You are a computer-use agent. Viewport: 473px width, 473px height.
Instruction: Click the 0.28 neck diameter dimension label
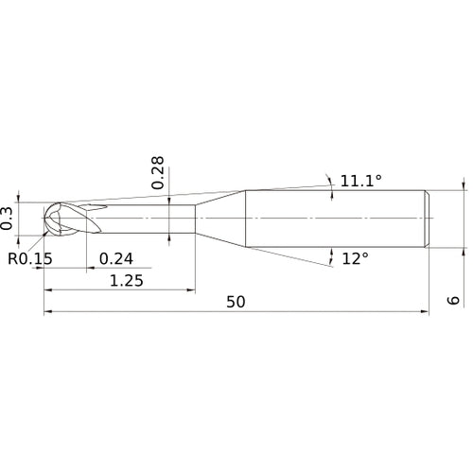pyautogui.click(x=158, y=172)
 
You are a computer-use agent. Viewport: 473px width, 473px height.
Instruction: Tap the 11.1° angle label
pyautogui.click(x=361, y=181)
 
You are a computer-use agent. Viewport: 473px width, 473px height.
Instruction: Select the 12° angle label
pyautogui.click(x=355, y=259)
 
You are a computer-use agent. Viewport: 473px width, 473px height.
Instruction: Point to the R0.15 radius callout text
pyautogui.click(x=30, y=258)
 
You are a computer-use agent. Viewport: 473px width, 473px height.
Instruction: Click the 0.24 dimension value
pyautogui.click(x=116, y=259)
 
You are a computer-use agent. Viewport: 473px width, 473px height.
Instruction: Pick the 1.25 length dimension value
pyautogui.click(x=127, y=280)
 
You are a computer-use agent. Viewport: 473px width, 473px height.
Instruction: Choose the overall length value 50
pyautogui.click(x=236, y=302)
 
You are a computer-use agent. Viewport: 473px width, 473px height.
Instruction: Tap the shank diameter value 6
pyautogui.click(x=453, y=300)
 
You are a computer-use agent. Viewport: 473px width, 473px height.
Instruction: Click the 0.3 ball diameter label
pyautogui.click(x=7, y=219)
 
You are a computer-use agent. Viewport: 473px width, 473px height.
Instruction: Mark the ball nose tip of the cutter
pyautogui.click(x=44, y=219)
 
